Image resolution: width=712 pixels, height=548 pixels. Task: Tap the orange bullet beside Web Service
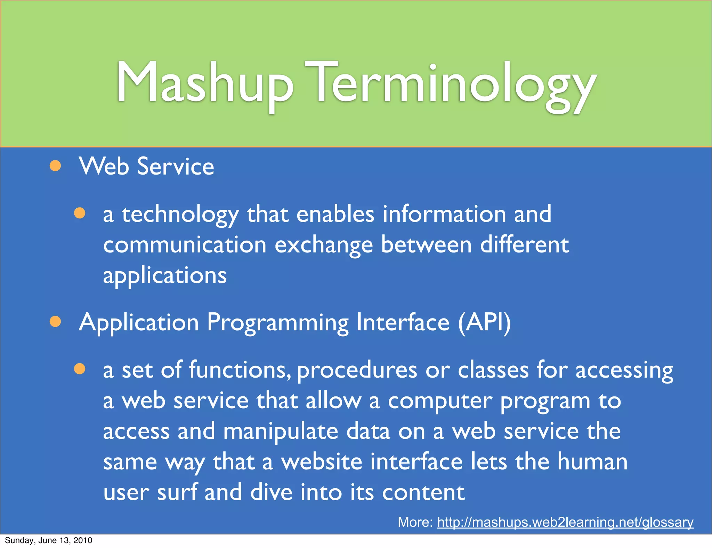click(55, 166)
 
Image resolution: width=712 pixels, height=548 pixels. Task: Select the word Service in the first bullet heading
click(176, 167)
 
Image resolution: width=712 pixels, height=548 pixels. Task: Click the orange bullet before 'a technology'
click(80, 213)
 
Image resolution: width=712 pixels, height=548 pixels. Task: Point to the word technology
click(180, 215)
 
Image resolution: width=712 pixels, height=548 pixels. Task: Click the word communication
click(185, 245)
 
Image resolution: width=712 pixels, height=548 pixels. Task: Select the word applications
click(165, 276)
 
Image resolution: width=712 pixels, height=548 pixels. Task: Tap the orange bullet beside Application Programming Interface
click(55, 322)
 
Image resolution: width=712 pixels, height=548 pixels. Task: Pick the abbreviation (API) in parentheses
click(484, 322)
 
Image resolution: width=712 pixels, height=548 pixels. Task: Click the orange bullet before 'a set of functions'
click(80, 369)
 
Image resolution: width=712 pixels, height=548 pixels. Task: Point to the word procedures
click(357, 370)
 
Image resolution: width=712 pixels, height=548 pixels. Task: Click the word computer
click(440, 401)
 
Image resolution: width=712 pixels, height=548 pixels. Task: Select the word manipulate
click(280, 432)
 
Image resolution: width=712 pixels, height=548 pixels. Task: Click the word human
click(592, 462)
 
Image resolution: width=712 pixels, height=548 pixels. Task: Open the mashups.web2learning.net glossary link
click(565, 522)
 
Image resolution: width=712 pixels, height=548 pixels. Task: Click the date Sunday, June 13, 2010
click(48, 540)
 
